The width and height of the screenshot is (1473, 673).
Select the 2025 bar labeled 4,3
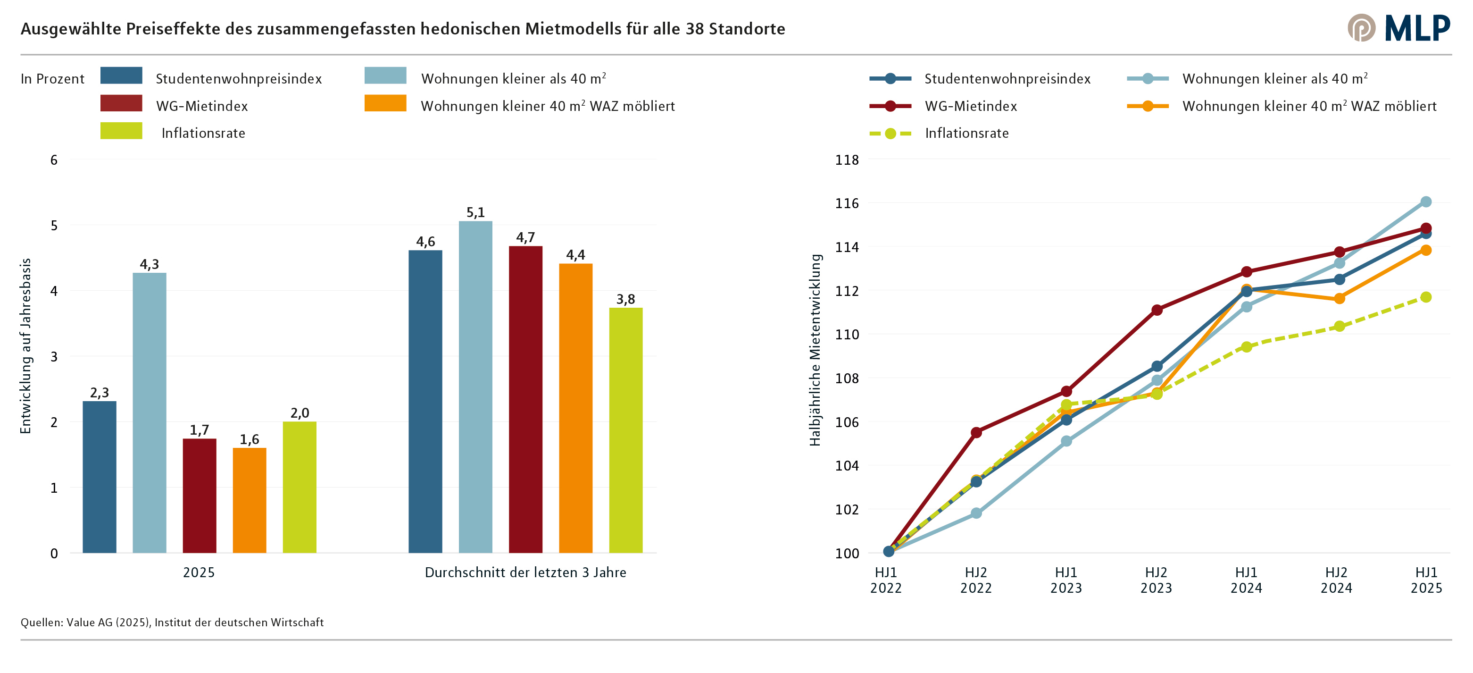pos(149,412)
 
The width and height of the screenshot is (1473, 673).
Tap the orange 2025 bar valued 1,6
pos(250,500)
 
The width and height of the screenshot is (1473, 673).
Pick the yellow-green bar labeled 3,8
pos(625,430)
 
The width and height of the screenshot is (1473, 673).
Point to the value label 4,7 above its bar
pos(525,237)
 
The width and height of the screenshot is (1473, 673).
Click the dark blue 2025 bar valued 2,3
pos(100,477)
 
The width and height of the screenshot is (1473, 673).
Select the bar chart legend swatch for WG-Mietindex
pos(121,103)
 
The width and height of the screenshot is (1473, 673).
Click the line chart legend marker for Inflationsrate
pos(890,134)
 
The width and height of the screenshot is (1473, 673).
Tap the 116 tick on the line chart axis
pos(847,203)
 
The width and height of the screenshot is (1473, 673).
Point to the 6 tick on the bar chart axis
pos(54,160)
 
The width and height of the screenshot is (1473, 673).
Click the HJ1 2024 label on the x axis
pos(1246,580)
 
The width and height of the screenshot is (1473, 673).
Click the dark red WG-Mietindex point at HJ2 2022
pos(976,432)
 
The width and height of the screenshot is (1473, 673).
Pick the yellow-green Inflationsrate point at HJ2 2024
pos(1339,326)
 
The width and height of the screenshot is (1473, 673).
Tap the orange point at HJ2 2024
pos(1339,298)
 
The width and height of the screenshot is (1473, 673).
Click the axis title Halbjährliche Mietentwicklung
pos(815,350)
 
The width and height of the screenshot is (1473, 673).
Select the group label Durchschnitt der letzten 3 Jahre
pos(525,572)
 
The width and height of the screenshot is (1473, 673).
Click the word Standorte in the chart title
pos(747,29)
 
